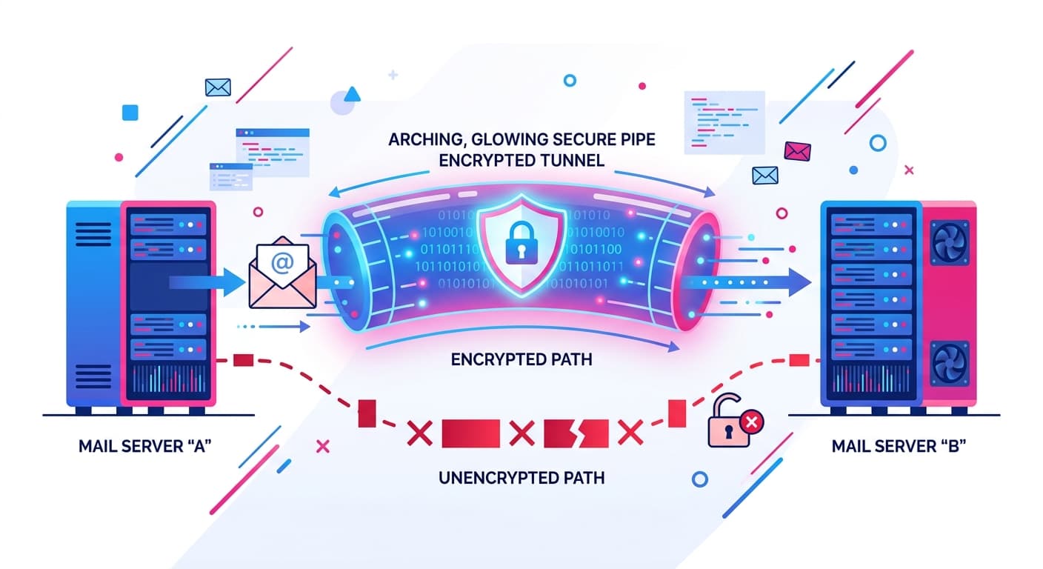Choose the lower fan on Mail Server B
949,363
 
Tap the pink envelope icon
797,150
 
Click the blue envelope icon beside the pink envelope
764,175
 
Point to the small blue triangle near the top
353,94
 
